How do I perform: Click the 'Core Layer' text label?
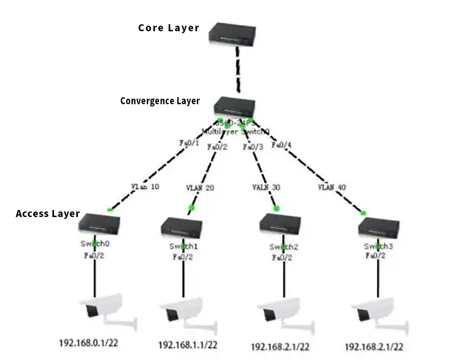[168, 28]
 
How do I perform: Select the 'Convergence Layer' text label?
[160, 101]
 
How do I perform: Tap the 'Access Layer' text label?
[48, 214]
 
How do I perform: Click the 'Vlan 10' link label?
[145, 187]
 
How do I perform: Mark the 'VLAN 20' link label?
[200, 188]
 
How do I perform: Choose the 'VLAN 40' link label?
[332, 188]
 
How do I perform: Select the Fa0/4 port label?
[281, 145]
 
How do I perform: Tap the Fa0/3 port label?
[253, 147]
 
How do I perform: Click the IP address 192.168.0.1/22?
[88, 343]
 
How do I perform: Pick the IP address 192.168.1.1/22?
[188, 345]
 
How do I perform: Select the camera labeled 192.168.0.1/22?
[106, 311]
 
